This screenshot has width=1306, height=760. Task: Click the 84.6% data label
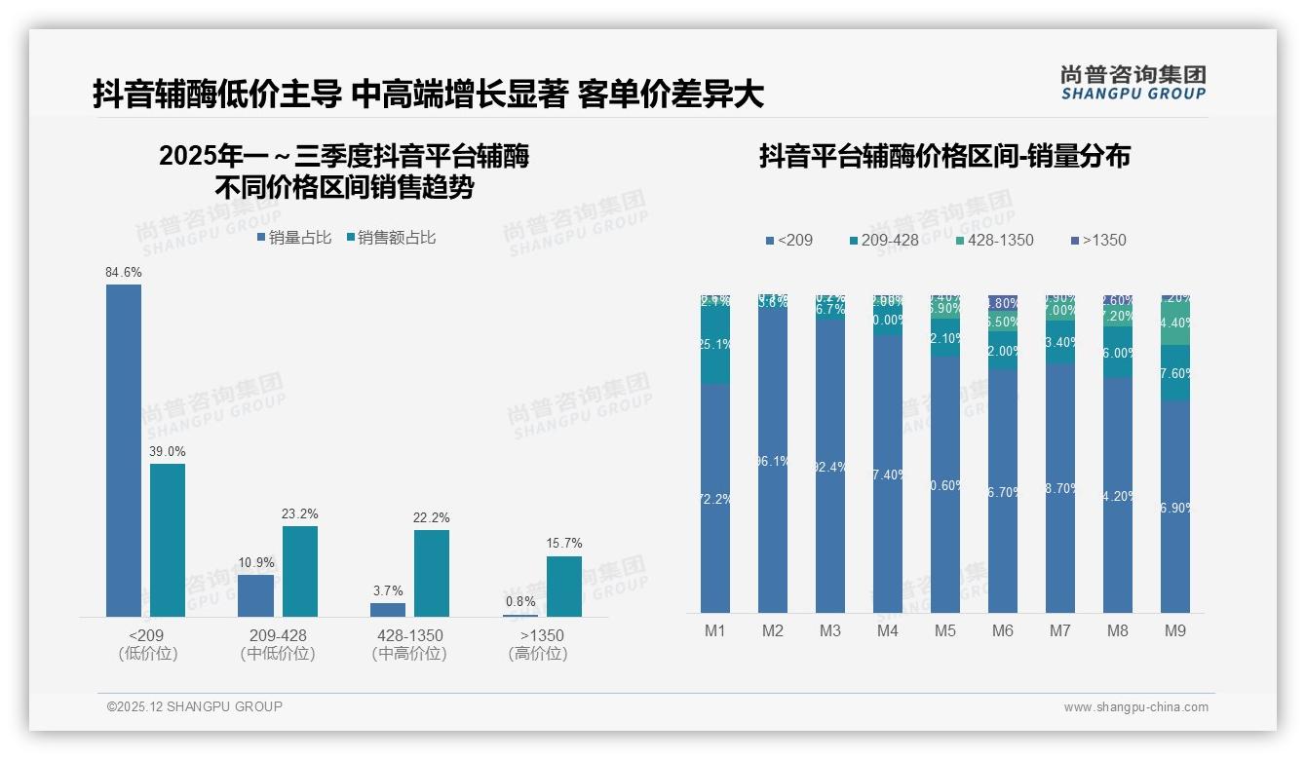coord(124,273)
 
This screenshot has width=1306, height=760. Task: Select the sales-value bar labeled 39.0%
coord(168,540)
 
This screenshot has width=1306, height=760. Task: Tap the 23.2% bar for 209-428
coord(300,571)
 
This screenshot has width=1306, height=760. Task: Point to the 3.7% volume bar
coord(388,609)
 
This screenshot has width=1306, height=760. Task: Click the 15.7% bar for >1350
coord(564,586)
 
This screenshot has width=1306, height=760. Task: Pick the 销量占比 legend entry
coord(294,237)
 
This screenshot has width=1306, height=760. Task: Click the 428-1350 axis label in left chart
coord(409,635)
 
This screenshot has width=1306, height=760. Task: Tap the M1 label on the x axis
coord(715,630)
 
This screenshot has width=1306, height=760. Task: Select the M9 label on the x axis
coord(1175,630)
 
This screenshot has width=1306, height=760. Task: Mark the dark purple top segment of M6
coord(1003,303)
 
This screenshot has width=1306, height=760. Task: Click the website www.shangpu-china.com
coord(1135,707)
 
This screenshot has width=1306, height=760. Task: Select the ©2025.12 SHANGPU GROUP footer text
coord(195,706)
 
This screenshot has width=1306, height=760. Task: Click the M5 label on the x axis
coord(945,630)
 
